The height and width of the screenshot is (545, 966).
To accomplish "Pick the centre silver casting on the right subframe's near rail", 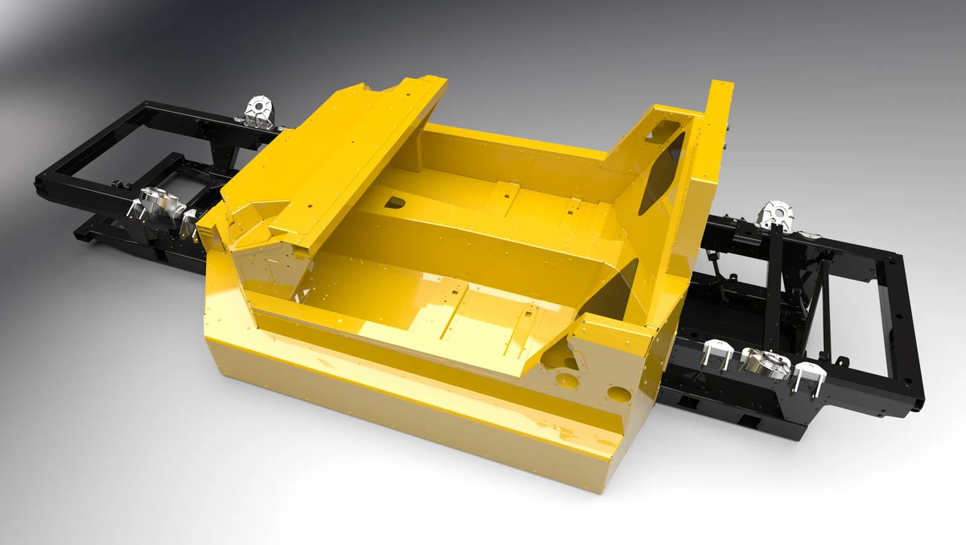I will tap(764, 362).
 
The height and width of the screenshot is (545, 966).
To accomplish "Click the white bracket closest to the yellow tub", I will tap(716, 356).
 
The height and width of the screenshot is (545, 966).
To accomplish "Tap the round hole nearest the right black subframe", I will tap(618, 394).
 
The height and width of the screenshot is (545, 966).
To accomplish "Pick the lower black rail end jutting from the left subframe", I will tap(93, 233).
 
